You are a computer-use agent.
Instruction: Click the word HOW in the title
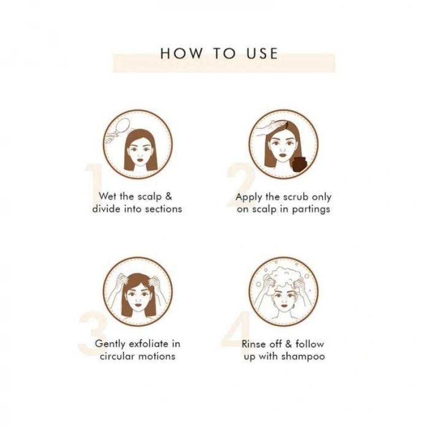tap(181, 53)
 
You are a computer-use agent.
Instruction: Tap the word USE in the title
tap(262, 53)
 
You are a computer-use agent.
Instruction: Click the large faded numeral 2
tap(240, 184)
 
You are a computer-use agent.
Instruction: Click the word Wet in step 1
tap(108, 196)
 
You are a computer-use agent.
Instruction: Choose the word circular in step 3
tap(118, 356)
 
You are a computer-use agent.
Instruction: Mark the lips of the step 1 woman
tap(140, 158)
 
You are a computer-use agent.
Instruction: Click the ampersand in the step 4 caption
tap(289, 344)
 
